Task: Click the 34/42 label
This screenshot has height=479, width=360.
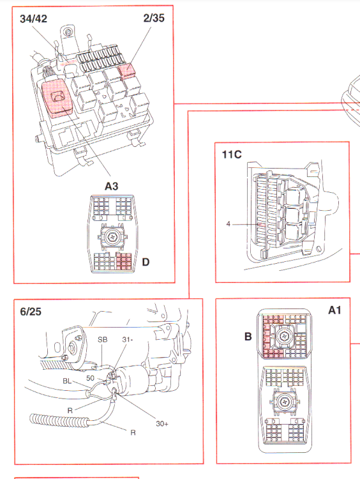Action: click(x=34, y=19)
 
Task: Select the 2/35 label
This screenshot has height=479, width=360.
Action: click(x=154, y=18)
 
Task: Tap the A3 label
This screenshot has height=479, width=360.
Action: click(x=111, y=186)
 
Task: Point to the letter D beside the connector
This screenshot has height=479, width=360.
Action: click(x=146, y=262)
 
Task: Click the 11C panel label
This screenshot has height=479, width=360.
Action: click(x=232, y=155)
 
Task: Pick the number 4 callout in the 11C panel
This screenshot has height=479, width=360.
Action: click(x=228, y=224)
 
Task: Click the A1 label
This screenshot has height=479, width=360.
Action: click(x=334, y=310)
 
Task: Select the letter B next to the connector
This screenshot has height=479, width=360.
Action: click(x=248, y=337)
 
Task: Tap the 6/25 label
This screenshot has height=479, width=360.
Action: click(x=31, y=312)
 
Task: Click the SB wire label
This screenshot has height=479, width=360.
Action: click(x=103, y=340)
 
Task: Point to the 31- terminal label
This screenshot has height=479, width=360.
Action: click(x=128, y=340)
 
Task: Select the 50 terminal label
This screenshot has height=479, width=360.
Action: click(x=90, y=378)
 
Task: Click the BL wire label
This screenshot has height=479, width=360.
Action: click(x=67, y=381)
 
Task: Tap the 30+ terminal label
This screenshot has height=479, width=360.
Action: click(x=162, y=423)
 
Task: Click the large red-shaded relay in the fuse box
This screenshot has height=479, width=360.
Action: click(x=57, y=97)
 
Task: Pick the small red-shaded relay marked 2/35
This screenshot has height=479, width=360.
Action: click(x=127, y=72)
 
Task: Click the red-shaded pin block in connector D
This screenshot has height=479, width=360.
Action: click(x=124, y=261)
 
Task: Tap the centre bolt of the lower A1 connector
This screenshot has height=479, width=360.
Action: click(x=284, y=402)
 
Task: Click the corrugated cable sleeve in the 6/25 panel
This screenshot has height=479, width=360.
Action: click(x=59, y=421)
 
